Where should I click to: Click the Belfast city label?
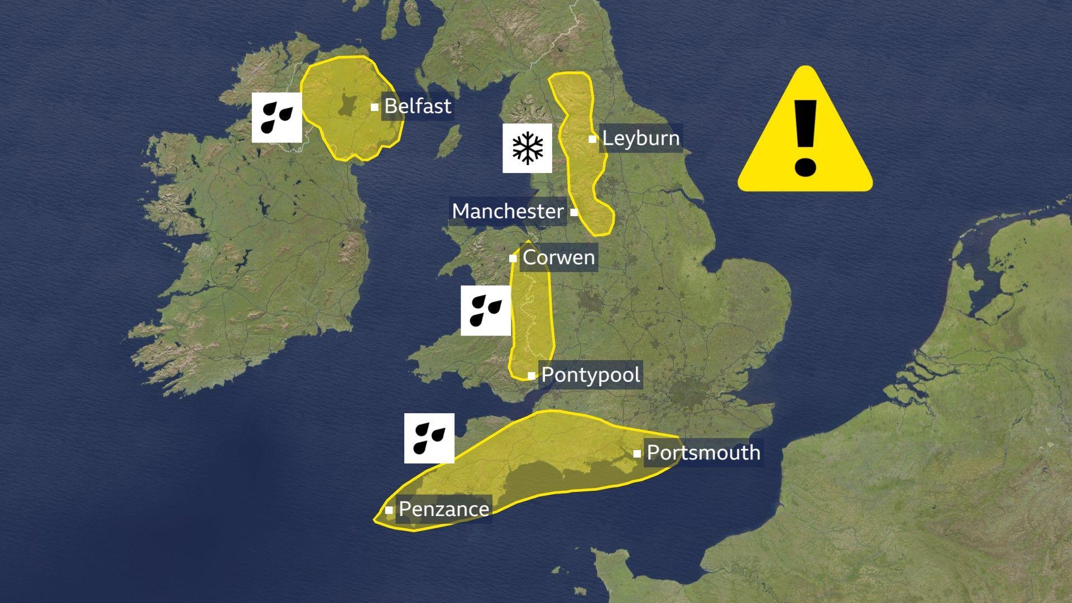pyautogui.click(x=418, y=106)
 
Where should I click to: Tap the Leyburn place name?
pyautogui.click(x=641, y=138)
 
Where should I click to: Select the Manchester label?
pyautogui.click(x=508, y=212)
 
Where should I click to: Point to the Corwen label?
pyautogui.click(x=558, y=258)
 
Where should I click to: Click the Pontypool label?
pyautogui.click(x=591, y=375)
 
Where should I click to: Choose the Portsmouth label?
pyautogui.click(x=703, y=453)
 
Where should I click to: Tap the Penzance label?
pyautogui.click(x=444, y=509)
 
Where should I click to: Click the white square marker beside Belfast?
pyautogui.click(x=375, y=107)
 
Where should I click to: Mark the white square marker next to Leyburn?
pyautogui.click(x=592, y=139)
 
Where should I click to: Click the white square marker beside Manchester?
pyautogui.click(x=574, y=212)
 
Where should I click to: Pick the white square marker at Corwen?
pyautogui.click(x=513, y=259)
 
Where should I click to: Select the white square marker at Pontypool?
pyautogui.click(x=532, y=376)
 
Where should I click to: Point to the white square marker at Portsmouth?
pyautogui.click(x=637, y=453)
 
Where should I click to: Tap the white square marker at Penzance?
pyautogui.click(x=389, y=510)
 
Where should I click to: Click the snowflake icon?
pyautogui.click(x=527, y=148)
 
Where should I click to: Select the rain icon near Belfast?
pyautogui.click(x=276, y=117)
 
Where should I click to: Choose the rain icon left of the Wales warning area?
pyautogui.click(x=485, y=310)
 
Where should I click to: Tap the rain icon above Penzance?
pyautogui.click(x=429, y=438)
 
